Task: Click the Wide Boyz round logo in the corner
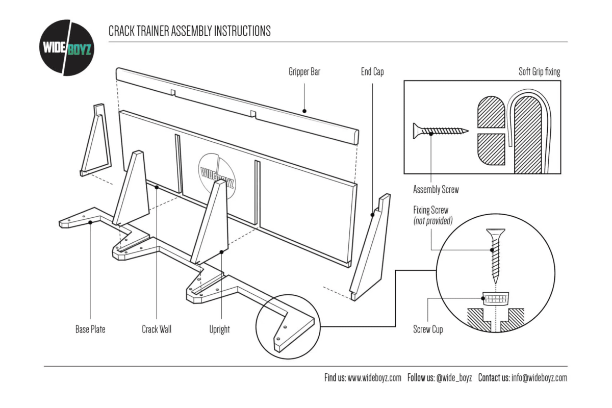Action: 66,47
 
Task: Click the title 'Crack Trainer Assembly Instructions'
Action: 189,31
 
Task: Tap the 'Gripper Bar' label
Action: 304,72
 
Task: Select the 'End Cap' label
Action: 372,72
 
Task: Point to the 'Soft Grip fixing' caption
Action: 539,72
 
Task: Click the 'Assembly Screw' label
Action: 436,190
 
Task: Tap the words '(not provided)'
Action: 432,221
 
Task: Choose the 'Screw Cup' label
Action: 428,329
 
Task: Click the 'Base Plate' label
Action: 90,329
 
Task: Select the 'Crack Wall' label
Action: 157,329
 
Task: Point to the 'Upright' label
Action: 219,329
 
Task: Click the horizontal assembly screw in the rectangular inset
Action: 440,131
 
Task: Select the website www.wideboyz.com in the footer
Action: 374,378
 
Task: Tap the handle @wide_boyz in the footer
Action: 454,378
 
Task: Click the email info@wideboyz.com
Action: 539,378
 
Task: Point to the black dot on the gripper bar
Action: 304,110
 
